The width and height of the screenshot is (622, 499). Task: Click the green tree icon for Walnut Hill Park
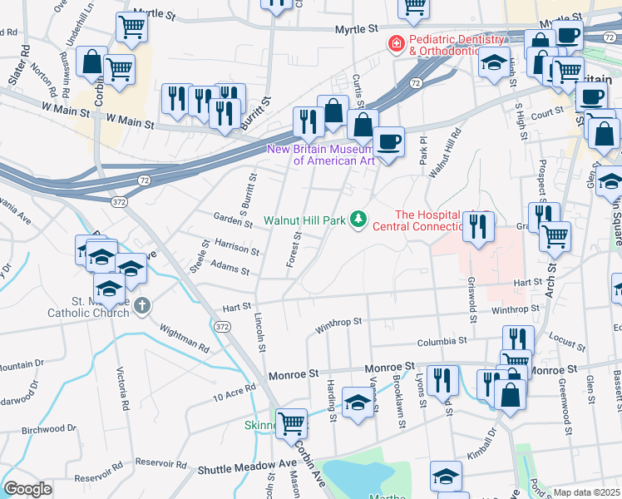[x=359, y=220]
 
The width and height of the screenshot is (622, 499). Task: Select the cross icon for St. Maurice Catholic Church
[x=143, y=306]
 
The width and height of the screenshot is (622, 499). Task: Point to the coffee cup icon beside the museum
[x=388, y=141]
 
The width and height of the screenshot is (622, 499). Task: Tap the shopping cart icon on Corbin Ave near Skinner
[x=291, y=424]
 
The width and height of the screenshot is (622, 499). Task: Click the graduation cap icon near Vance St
[x=358, y=404]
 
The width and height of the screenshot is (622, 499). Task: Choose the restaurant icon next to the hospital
[x=477, y=225]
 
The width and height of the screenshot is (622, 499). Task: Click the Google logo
[x=27, y=489]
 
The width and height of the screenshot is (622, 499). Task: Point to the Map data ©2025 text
[x=586, y=492]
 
